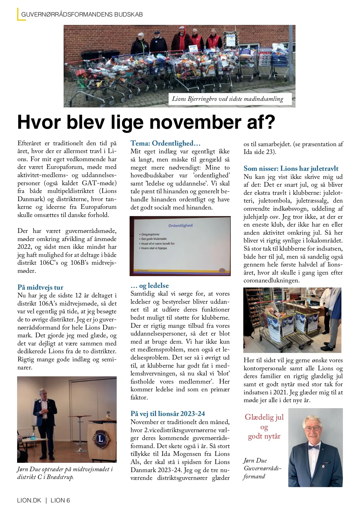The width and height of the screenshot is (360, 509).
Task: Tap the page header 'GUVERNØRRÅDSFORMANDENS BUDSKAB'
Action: tap(82, 14)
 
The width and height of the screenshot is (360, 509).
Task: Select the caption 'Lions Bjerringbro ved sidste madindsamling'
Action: tap(227, 99)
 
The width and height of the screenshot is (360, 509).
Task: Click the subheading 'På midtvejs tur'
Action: tap(40, 287)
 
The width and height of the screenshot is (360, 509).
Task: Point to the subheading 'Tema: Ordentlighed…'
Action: tap(165, 143)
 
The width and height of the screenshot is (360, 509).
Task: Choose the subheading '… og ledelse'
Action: tap(150, 285)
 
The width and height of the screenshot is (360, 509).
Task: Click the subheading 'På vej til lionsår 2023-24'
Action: tap(168, 414)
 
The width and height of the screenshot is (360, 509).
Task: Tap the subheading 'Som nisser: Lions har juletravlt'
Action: tap(291, 168)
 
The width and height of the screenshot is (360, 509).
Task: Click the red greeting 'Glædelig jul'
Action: tap(264, 417)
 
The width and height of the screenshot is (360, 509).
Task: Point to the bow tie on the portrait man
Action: tap(314, 447)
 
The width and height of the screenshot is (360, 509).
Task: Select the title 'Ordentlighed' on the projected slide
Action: tap(180, 225)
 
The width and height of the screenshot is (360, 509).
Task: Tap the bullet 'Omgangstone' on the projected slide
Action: tap(150, 234)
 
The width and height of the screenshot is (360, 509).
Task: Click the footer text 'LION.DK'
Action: tap(29, 500)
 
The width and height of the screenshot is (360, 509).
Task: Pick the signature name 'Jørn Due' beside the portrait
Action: tap(255, 460)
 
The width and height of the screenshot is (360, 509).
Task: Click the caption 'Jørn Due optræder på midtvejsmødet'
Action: tap(65, 469)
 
